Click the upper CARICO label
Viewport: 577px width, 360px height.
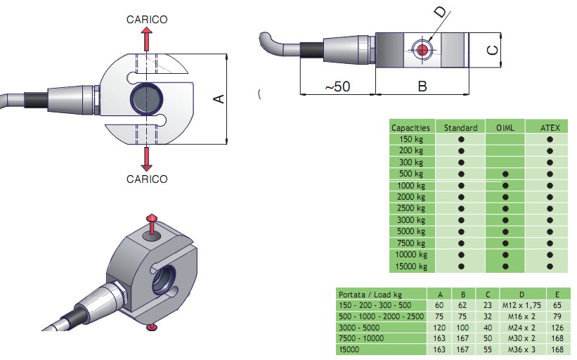147,20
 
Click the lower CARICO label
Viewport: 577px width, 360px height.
147,179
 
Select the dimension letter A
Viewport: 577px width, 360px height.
219,100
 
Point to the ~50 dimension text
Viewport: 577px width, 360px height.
337,86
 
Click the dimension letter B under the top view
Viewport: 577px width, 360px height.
422,86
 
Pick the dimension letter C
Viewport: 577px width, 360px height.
493,51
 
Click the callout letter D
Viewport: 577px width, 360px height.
440,12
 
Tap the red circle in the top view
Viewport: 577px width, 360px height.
422,50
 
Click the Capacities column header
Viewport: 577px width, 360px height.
410,128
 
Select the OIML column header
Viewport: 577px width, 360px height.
505,128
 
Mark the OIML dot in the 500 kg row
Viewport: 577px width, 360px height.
505,174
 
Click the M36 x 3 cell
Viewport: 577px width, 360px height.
521,348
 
